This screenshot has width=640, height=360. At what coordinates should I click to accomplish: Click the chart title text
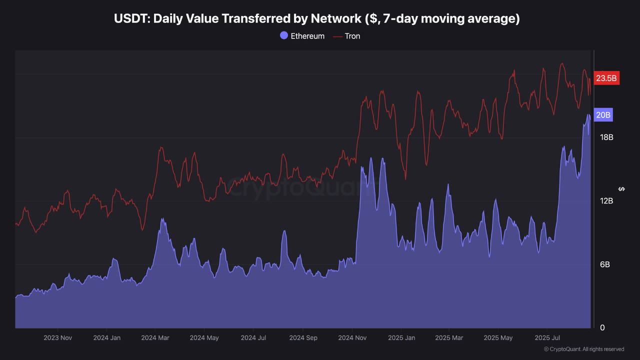pos(317,19)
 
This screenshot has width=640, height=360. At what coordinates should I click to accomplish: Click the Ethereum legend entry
pos(302,36)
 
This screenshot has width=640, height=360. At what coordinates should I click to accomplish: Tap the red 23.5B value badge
pos(606,78)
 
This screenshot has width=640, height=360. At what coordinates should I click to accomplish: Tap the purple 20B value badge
pos(603,115)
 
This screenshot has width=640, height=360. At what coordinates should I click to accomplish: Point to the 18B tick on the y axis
pos(606,137)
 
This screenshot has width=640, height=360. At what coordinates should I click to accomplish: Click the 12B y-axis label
pos(606,201)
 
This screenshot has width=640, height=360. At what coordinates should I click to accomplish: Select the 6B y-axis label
pos(604,264)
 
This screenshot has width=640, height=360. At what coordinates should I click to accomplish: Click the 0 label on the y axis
pos(602,328)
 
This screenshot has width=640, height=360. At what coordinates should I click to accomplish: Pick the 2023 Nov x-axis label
pos(58,338)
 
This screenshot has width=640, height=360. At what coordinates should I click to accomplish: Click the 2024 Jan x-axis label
pos(107,338)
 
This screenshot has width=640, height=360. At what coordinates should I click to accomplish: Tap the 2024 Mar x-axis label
pos(155,338)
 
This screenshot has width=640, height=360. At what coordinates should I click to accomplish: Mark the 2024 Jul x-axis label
pos(253,338)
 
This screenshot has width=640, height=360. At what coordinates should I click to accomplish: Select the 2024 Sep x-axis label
pos(303,338)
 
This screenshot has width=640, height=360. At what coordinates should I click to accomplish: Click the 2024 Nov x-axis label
pos(352,338)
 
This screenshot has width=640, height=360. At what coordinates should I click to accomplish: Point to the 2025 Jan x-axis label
pos(401,338)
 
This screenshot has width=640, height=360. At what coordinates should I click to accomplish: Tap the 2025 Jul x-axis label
pos(547,338)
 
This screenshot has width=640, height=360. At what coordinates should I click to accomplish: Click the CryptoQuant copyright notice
pos(583,349)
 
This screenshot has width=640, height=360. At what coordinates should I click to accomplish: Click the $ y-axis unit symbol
pos(621,189)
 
